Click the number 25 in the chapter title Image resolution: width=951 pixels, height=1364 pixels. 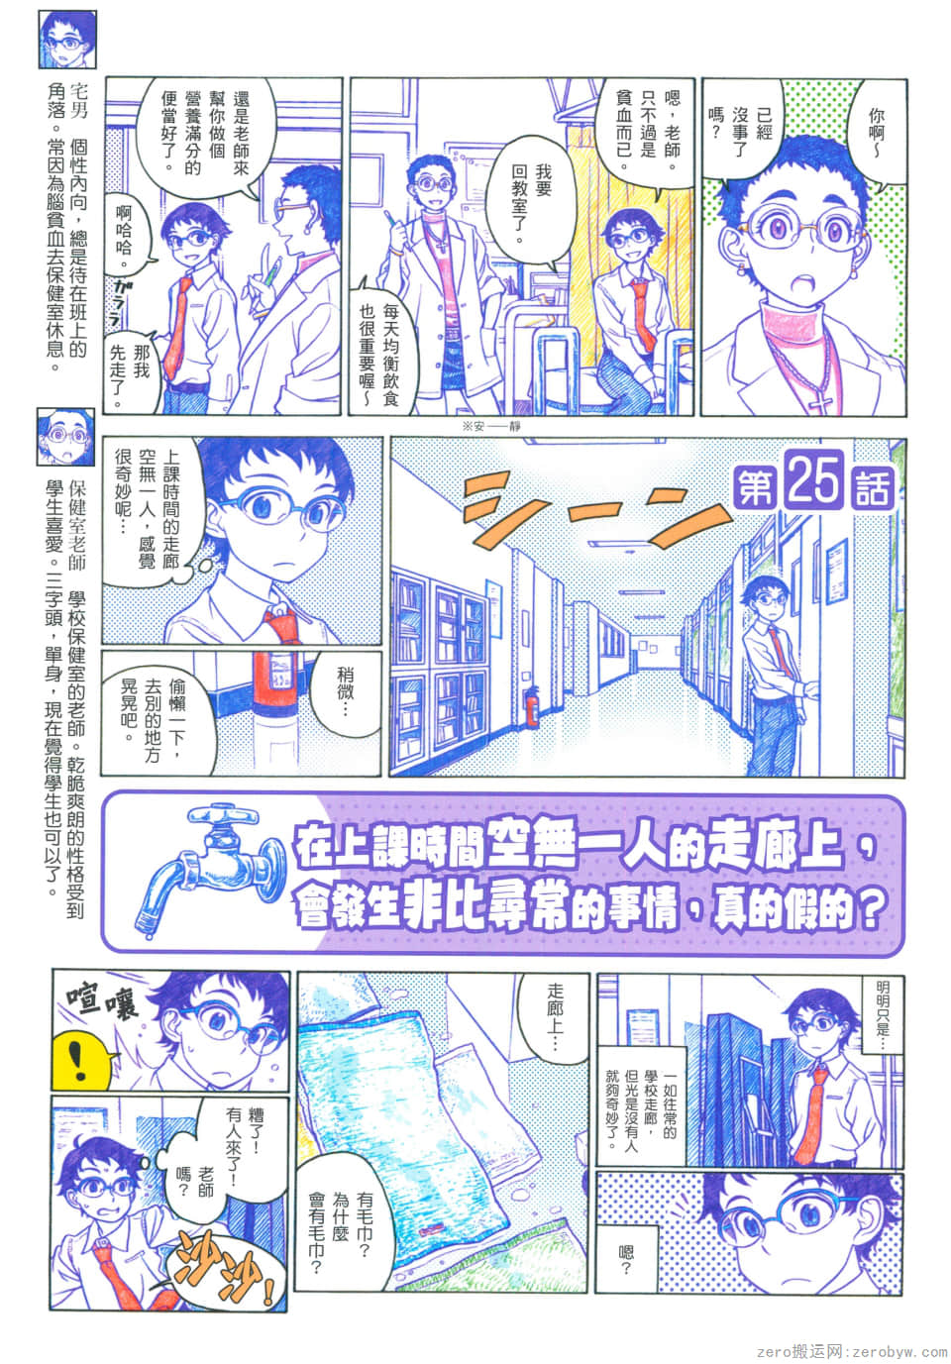click(x=814, y=481)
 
